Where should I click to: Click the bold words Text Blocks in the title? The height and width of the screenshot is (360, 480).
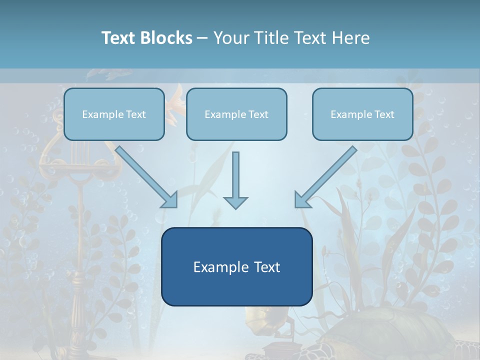tap(146, 38)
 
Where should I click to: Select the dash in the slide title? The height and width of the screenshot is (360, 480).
tap(202, 38)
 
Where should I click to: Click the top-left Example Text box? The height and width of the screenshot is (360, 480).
tap(114, 114)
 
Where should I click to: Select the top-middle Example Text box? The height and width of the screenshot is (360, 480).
tap(236, 114)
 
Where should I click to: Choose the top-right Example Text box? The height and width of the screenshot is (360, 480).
tap(362, 114)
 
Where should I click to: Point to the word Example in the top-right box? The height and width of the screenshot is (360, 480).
tap(348, 114)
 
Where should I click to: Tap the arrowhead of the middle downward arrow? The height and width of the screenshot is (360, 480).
tap(235, 202)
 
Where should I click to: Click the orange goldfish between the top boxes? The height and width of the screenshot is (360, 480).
tap(175, 103)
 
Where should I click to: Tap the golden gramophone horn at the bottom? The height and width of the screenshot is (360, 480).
tap(260, 320)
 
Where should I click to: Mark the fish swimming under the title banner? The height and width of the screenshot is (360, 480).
tap(105, 75)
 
